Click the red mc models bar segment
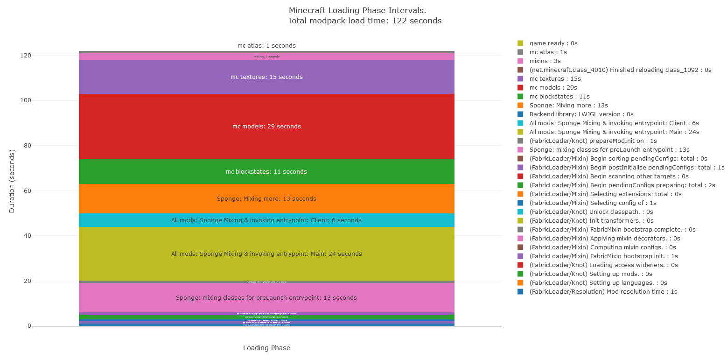(266, 127)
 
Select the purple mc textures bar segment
(266, 77)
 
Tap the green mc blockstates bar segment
(266, 172)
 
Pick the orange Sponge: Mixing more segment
(266, 199)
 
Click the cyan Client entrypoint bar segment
(266, 220)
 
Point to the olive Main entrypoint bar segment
(266, 254)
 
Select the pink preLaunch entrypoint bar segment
(266, 298)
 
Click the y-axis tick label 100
(24, 100)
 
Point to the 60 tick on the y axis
(26, 191)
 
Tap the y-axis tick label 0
(29, 326)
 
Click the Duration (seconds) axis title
(12, 181)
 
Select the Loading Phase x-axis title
(266, 348)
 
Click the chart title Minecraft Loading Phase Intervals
(357, 10)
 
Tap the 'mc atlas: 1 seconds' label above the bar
(266, 46)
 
